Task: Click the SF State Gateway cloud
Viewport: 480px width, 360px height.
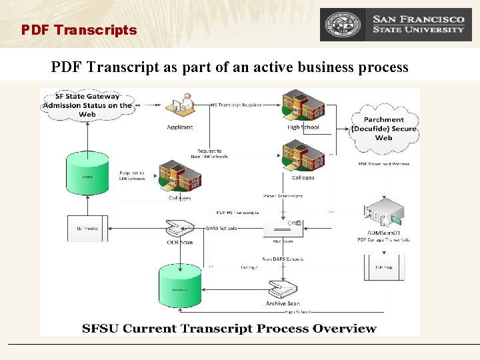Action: click(87, 105)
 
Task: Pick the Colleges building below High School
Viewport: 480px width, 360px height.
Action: click(303, 155)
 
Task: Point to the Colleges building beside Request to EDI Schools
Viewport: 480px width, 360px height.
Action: click(180, 176)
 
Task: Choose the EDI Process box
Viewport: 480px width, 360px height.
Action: click(87, 228)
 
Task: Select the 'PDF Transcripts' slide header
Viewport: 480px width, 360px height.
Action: click(79, 30)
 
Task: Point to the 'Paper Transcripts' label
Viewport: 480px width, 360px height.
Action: click(283, 196)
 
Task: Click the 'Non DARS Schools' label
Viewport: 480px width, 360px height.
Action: click(283, 259)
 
